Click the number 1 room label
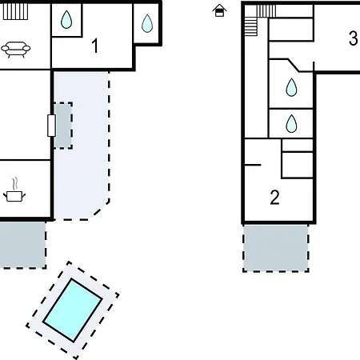(95, 46)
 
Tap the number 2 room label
(274, 198)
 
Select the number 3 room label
(353, 38)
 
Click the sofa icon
(16, 50)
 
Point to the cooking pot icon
(14, 196)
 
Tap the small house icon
(219, 10)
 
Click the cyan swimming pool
(73, 310)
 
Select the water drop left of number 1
(66, 19)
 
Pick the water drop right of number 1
(147, 23)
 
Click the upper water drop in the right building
(291, 87)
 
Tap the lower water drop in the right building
(291, 123)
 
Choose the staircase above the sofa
(15, 12)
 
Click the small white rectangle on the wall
(51, 126)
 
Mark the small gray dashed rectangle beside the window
(63, 126)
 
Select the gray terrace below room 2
(276, 248)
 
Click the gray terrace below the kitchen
(22, 245)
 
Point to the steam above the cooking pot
(15, 184)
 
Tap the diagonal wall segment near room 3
(294, 65)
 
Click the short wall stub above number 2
(253, 165)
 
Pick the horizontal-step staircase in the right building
(251, 26)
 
